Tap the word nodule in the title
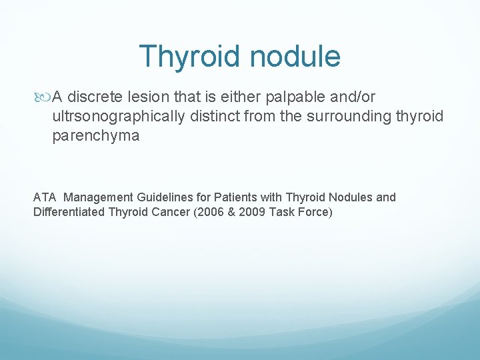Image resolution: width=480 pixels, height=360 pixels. click(295, 57)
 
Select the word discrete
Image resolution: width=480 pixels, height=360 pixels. click(94, 97)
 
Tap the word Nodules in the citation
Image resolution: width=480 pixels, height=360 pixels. click(349, 197)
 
